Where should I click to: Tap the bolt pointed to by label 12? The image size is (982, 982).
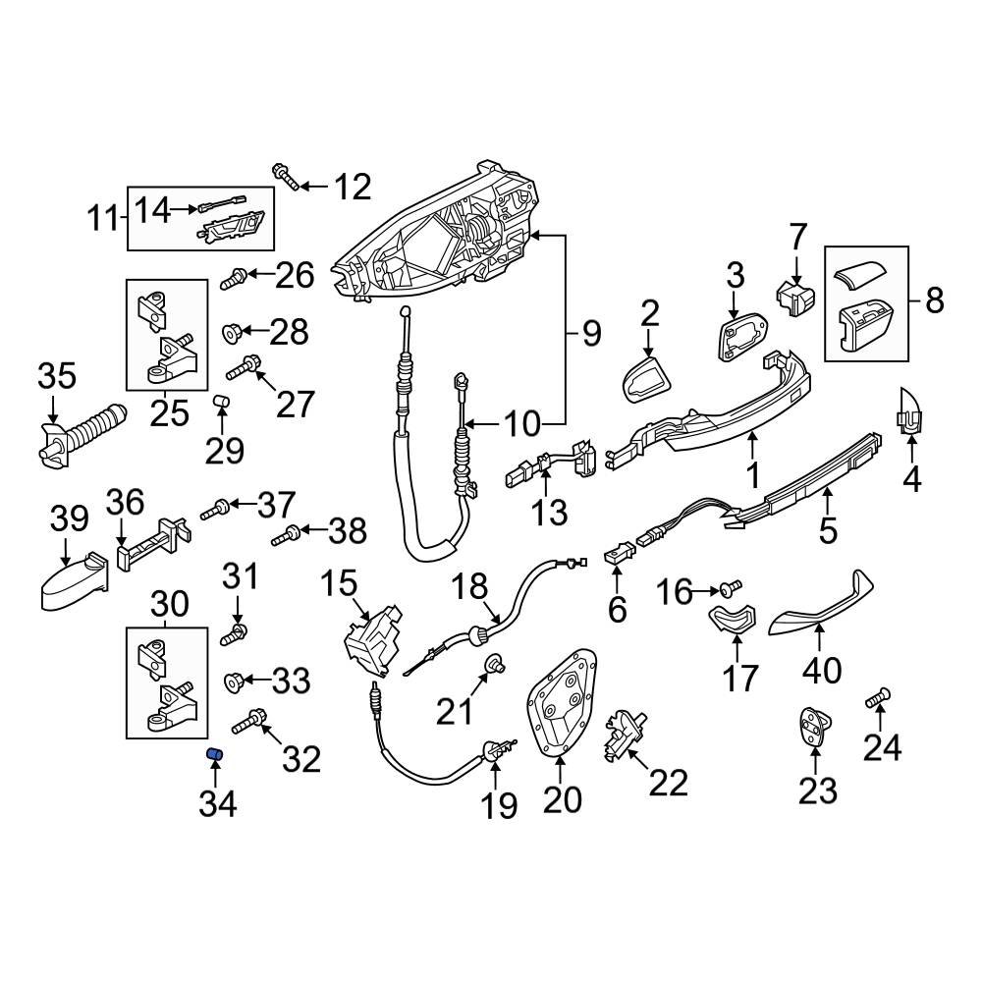[x=285, y=178]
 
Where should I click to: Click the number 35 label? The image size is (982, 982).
[x=56, y=376]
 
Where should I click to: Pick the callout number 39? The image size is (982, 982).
[x=68, y=519]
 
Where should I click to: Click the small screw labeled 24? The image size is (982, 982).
[x=877, y=699]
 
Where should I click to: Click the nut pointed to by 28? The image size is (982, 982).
[x=232, y=333]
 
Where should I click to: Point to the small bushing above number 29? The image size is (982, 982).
[x=222, y=402]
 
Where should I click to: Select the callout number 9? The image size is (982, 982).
[x=590, y=335]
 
